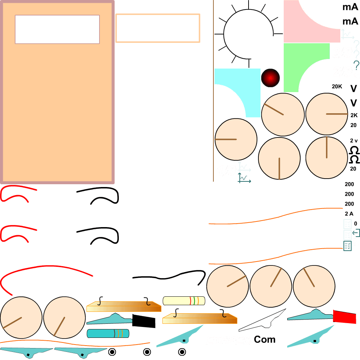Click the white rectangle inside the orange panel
(x=57, y=29)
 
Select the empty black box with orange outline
(x=157, y=28)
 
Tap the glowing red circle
(x=270, y=78)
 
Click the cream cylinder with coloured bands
(x=184, y=301)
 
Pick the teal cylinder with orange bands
(x=108, y=333)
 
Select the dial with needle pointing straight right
(x=327, y=114)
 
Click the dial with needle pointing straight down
(x=279, y=158)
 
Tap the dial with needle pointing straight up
(x=327, y=157)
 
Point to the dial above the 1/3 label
(x=236, y=139)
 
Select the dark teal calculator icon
(x=347, y=246)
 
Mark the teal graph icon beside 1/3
(x=244, y=178)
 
